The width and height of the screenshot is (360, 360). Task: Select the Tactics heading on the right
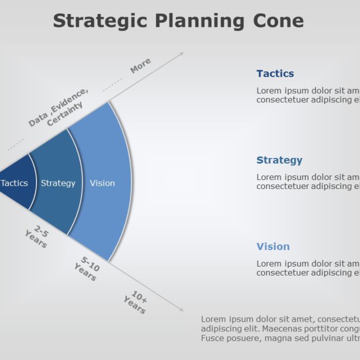click(x=275, y=74)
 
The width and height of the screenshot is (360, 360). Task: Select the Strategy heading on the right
click(x=279, y=160)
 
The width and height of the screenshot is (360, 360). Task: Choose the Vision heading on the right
click(x=273, y=247)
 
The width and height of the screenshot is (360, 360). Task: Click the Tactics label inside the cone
click(x=14, y=183)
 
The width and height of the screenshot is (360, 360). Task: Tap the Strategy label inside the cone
click(x=58, y=183)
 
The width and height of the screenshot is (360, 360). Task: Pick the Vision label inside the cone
click(x=102, y=183)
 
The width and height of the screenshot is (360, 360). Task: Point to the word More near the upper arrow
click(x=141, y=66)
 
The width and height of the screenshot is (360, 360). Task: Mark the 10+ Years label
click(x=136, y=302)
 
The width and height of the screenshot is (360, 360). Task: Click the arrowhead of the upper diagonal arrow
click(x=181, y=54)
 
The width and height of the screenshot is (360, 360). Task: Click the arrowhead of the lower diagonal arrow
click(x=181, y=309)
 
